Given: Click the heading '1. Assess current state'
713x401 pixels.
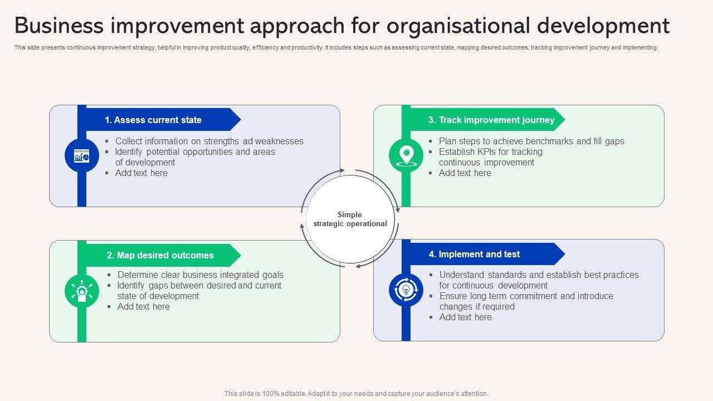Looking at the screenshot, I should pyautogui.click(x=153, y=120).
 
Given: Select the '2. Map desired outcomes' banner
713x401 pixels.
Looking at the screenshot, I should pyautogui.click(x=160, y=255).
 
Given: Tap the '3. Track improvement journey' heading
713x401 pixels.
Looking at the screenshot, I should pyautogui.click(x=491, y=120).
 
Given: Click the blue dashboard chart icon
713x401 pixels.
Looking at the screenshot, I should pyautogui.click(x=82, y=155).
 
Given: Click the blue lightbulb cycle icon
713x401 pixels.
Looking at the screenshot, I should pyautogui.click(x=406, y=290).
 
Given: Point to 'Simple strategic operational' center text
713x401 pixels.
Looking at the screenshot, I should pyautogui.click(x=350, y=219).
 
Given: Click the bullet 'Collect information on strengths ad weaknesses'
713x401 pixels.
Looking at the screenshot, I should pyautogui.click(x=209, y=141).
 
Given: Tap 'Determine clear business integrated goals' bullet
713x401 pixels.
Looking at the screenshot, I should pyautogui.click(x=200, y=275).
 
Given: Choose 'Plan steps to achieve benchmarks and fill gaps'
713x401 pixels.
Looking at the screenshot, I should pyautogui.click(x=531, y=141).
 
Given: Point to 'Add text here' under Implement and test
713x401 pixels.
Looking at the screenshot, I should pyautogui.click(x=465, y=317).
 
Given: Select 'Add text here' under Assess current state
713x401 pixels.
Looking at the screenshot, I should pyautogui.click(x=141, y=173).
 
